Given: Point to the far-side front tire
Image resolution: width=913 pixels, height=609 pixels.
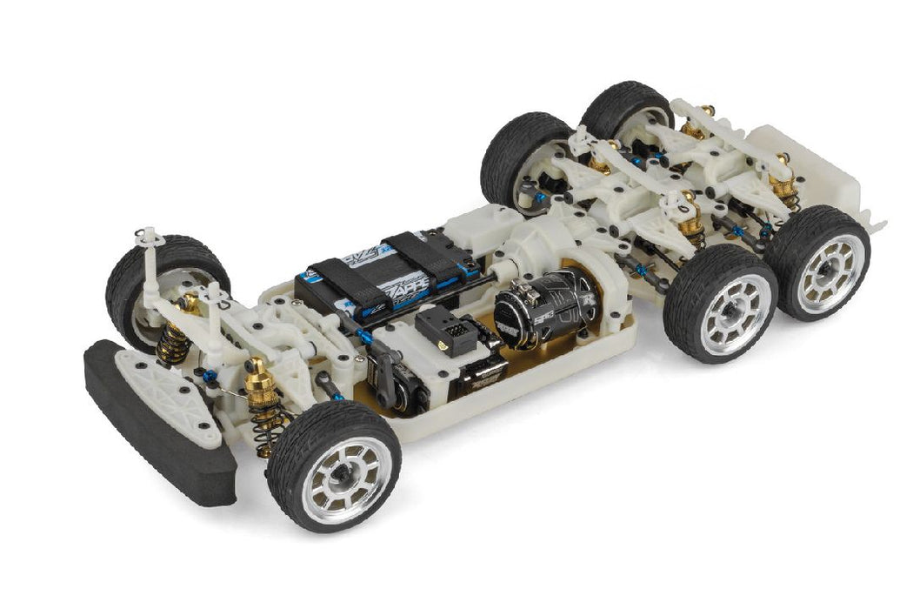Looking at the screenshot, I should pyautogui.click(x=148, y=270).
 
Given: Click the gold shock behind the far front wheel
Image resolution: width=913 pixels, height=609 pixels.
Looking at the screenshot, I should pyautogui.click(x=178, y=326).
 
